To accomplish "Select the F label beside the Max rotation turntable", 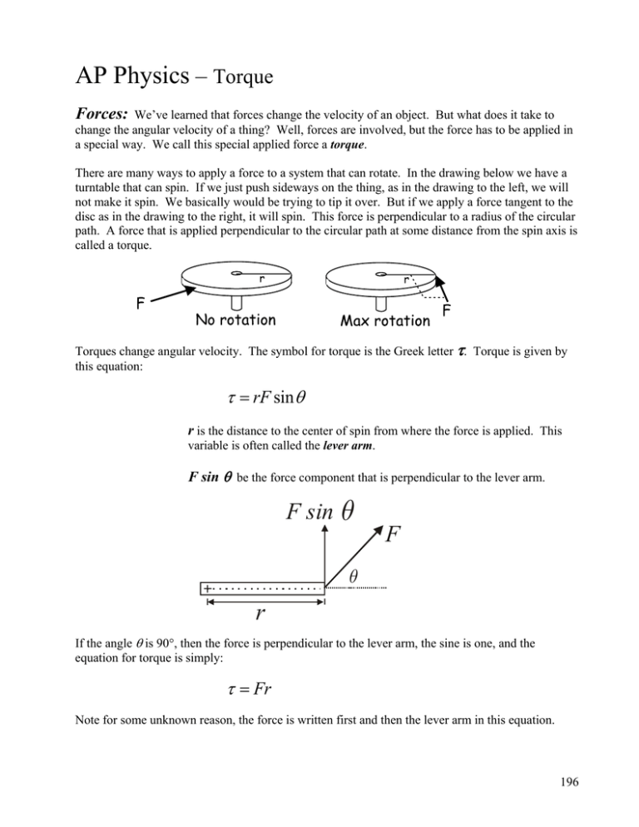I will (x=447, y=313).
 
